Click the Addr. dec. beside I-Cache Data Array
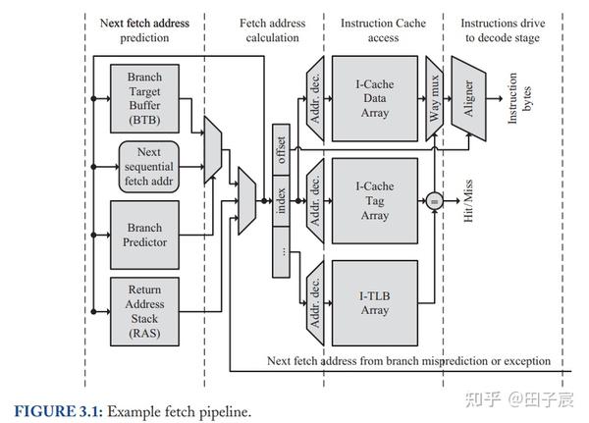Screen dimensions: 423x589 [x=314, y=93]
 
